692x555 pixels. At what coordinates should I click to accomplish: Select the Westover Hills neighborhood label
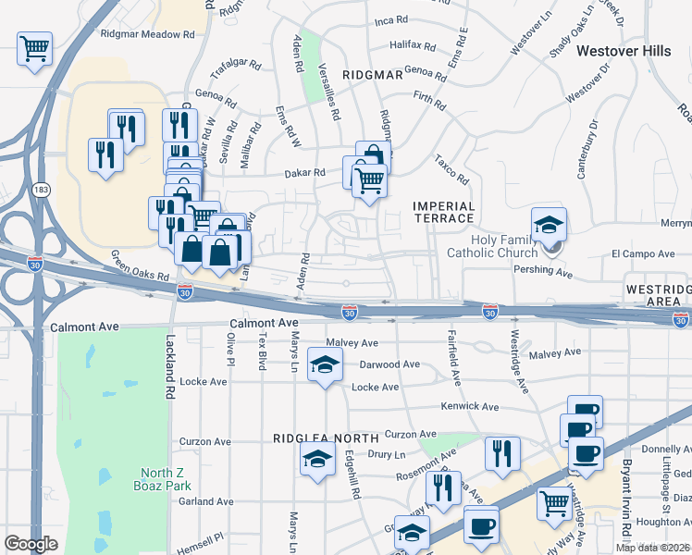(x=624, y=52)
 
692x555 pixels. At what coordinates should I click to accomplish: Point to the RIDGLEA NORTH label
(x=326, y=438)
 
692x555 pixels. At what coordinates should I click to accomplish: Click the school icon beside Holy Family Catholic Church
(x=549, y=225)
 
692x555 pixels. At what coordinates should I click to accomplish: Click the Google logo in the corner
(x=31, y=544)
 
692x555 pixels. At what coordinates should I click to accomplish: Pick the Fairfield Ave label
(x=453, y=357)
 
